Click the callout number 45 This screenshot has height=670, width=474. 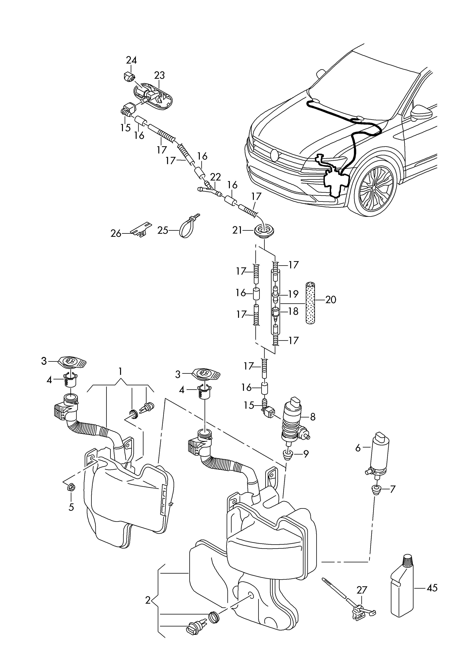tap(432, 588)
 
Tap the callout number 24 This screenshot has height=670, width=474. tap(131, 60)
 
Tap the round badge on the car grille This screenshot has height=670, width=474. tap(275, 155)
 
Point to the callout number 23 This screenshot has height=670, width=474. tap(159, 75)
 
